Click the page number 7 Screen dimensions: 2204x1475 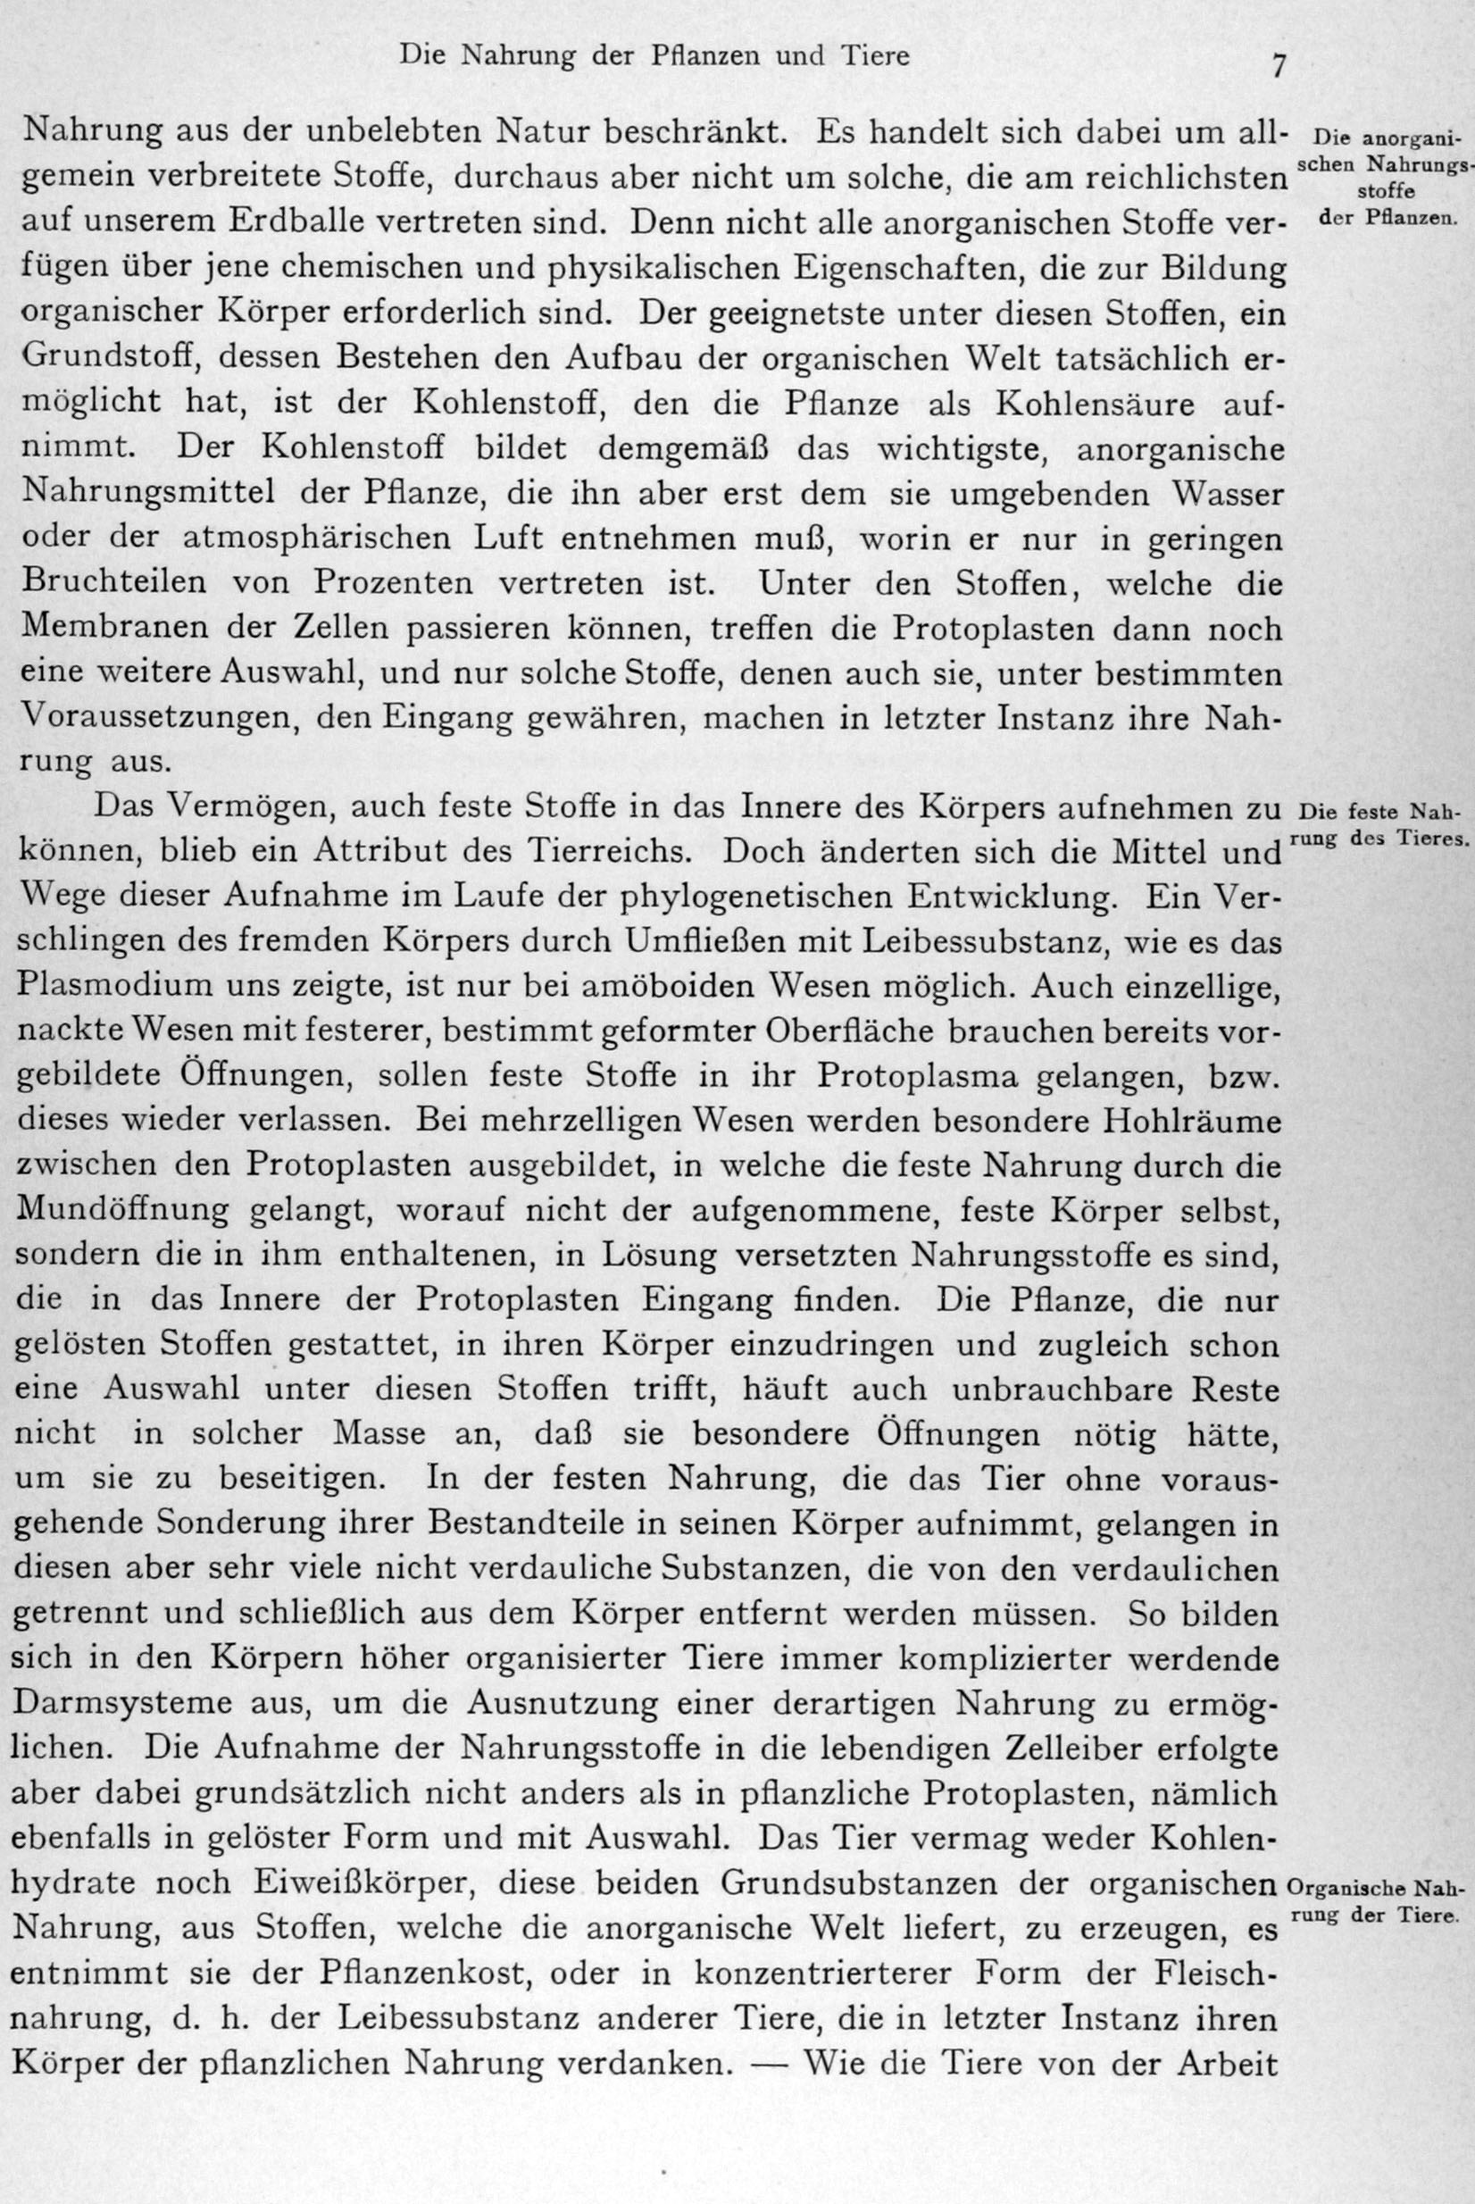pos(1279,67)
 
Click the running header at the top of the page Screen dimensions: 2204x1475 pos(654,56)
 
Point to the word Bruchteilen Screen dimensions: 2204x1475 pos(113,581)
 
